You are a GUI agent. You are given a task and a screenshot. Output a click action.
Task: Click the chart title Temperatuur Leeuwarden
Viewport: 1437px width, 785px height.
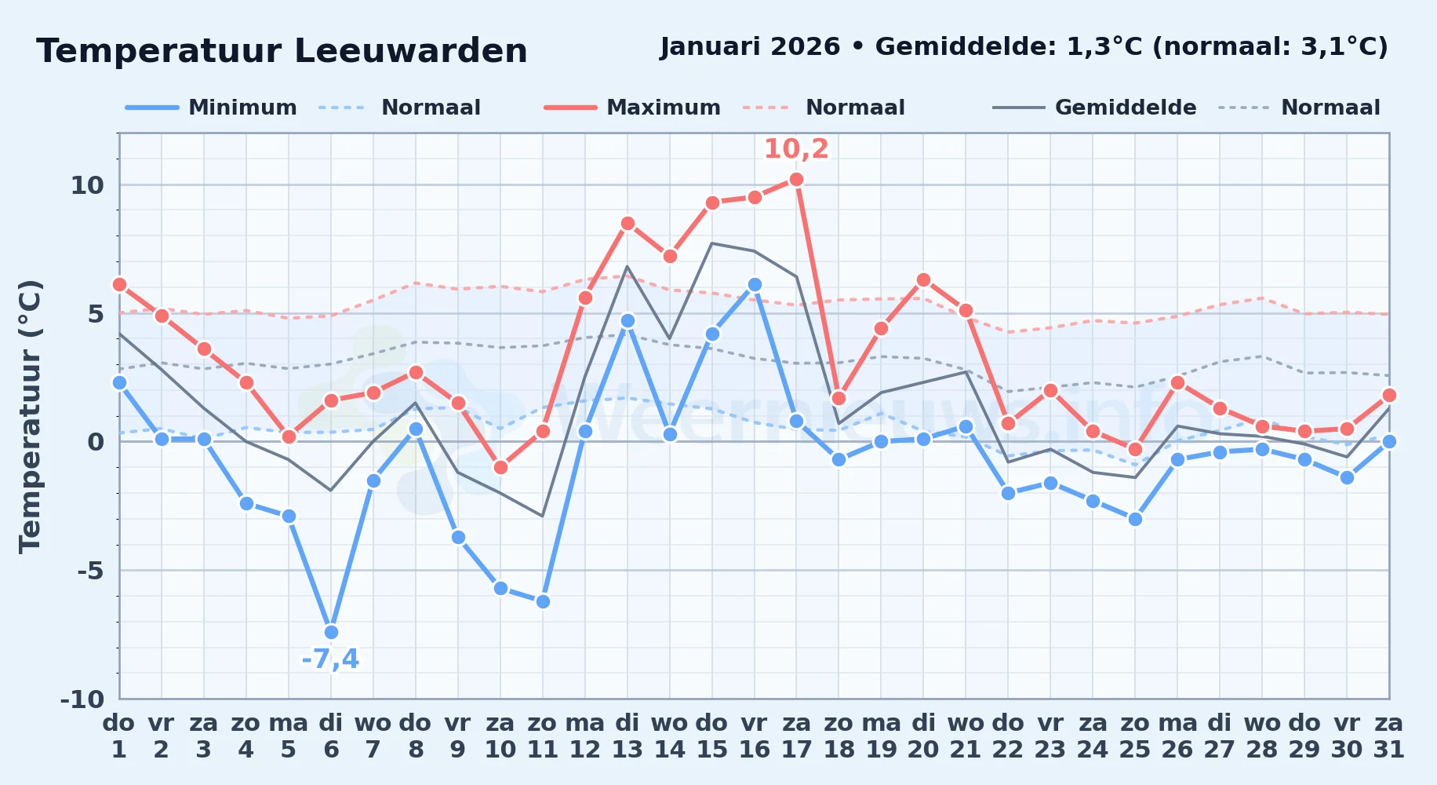(x=282, y=51)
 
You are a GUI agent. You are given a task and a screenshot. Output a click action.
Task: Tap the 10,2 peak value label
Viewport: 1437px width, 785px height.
(x=796, y=148)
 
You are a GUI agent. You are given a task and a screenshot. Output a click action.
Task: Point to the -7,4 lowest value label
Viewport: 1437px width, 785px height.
(x=330, y=659)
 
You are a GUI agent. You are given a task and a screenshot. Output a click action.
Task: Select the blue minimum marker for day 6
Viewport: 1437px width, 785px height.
(x=331, y=632)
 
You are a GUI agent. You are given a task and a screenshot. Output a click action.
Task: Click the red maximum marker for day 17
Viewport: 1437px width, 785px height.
(x=797, y=180)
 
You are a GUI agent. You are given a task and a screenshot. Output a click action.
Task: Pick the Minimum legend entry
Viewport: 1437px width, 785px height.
(x=211, y=108)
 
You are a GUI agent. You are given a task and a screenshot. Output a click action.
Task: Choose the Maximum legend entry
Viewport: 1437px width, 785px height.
(x=632, y=108)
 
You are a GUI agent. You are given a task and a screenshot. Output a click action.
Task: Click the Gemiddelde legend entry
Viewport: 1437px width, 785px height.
(x=1095, y=108)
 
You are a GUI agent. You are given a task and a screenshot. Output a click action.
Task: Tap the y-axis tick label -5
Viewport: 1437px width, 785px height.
(x=90, y=570)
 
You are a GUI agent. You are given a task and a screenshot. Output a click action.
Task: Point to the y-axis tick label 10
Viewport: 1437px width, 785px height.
(x=87, y=185)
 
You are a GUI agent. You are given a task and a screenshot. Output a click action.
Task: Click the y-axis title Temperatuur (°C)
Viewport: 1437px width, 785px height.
(x=31, y=416)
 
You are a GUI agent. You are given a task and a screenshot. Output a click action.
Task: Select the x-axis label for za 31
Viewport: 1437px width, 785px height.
(x=1388, y=736)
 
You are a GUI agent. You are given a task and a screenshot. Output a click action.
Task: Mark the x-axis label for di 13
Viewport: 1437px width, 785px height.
(x=628, y=736)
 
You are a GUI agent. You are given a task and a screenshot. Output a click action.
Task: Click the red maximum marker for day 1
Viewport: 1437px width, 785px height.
(x=119, y=285)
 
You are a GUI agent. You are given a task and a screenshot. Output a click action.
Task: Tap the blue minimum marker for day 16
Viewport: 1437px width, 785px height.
(x=755, y=285)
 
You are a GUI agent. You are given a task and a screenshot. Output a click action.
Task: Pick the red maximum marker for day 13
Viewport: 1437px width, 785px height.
(x=628, y=224)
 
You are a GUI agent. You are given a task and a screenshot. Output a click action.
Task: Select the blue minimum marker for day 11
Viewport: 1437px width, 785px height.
(x=543, y=602)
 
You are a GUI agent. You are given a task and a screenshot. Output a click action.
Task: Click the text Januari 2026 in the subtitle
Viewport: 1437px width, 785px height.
(x=750, y=47)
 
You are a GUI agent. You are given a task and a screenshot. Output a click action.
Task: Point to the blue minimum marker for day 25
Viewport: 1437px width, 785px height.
(x=1135, y=519)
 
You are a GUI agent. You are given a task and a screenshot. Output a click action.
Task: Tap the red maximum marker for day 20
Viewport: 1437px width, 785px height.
(x=923, y=280)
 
